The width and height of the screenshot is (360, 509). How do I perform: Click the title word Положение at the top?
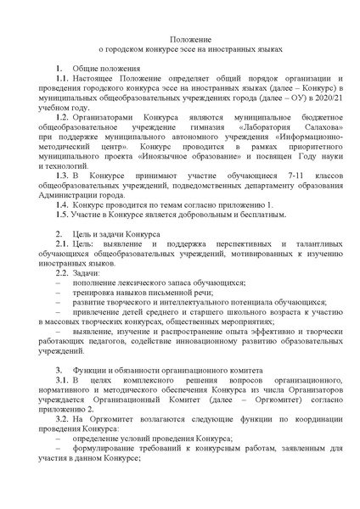[180, 39]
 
